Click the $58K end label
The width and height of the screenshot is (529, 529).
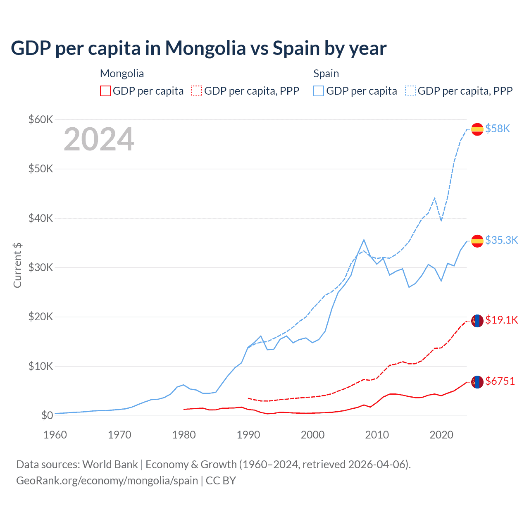coord(498,129)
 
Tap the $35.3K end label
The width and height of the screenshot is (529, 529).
coord(501,241)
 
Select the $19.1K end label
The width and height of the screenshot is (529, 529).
coord(501,320)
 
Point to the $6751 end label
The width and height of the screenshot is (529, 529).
coord(500,381)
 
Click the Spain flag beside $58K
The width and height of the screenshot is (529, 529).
coord(477,129)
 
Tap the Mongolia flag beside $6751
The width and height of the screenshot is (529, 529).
coord(477,382)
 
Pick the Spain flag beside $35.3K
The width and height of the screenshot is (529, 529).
coord(477,241)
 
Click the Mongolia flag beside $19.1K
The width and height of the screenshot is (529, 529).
coord(477,321)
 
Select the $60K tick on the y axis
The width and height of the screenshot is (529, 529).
coord(41,120)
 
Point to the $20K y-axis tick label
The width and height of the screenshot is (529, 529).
coord(41,317)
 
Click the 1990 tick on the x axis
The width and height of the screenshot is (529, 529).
coord(248,435)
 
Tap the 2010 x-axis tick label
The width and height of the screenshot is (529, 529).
coord(377,435)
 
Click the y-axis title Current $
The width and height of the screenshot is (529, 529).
coord(17,265)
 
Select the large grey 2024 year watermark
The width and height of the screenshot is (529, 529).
coord(99,139)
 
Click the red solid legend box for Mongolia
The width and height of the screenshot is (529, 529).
coord(105,91)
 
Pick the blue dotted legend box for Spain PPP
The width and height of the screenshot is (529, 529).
coord(410,91)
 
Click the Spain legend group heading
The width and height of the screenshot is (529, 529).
coord(326,74)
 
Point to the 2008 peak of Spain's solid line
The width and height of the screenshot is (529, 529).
coord(364,240)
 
